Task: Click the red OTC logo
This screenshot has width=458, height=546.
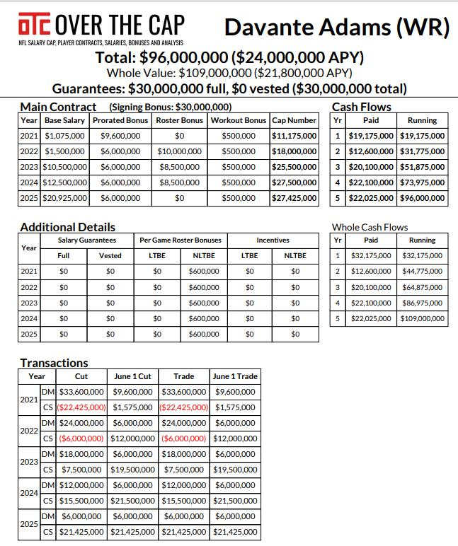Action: tap(35, 26)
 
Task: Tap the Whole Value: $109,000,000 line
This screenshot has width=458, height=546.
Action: tap(229, 72)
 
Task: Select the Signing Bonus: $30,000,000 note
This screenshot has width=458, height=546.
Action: tap(171, 108)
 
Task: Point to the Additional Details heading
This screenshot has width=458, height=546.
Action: tap(67, 227)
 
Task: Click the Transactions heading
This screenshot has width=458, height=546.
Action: tap(54, 363)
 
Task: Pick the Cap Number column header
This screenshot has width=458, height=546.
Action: tap(294, 120)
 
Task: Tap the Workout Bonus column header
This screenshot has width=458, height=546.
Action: tap(238, 120)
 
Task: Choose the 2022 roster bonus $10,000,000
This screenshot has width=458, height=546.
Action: tap(179, 151)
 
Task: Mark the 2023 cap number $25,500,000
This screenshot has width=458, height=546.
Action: tap(294, 167)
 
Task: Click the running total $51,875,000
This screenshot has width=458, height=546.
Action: tap(422, 167)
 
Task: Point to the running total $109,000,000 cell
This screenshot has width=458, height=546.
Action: tap(422, 319)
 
